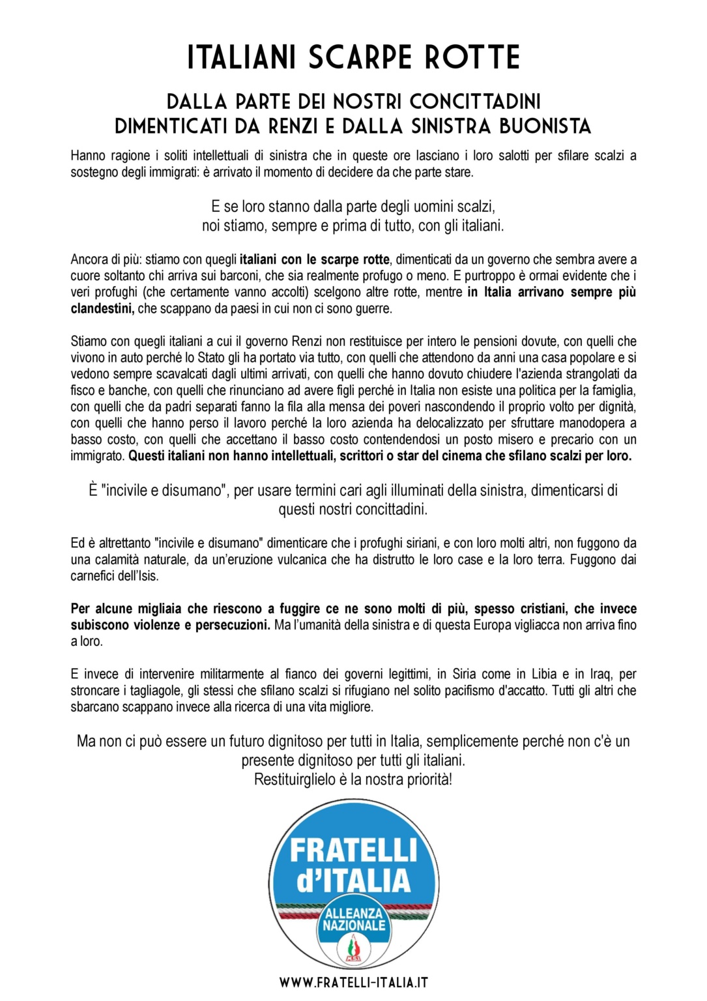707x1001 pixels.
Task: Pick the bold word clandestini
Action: point(102,309)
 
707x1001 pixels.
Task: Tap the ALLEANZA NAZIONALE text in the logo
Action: point(354,920)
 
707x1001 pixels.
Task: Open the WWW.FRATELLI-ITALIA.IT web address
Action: point(353,982)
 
